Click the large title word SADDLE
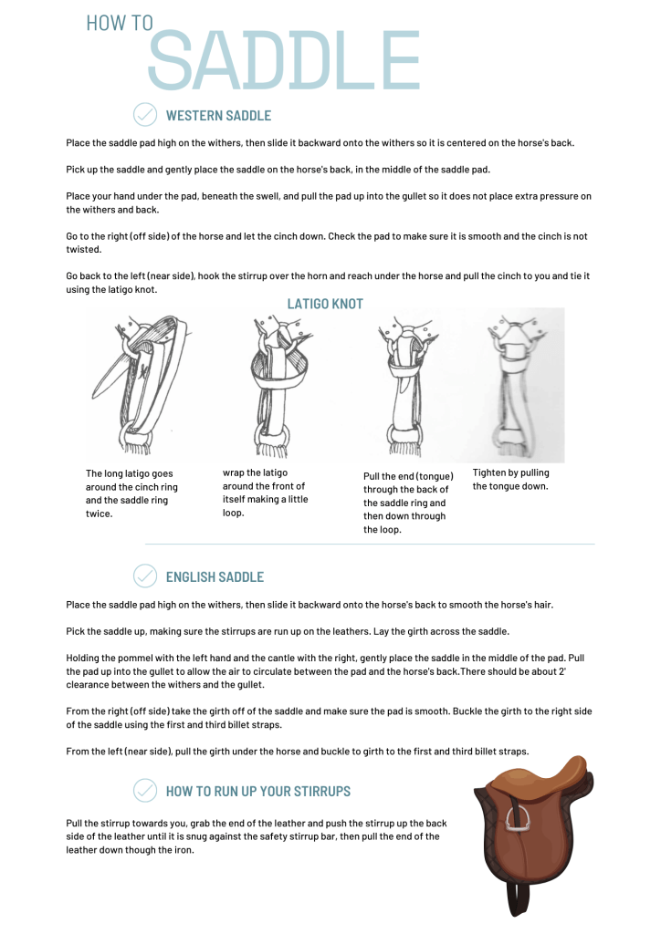pyautogui.click(x=283, y=61)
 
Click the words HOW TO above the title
pyautogui.click(x=120, y=23)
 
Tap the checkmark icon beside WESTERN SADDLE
pyautogui.click(x=145, y=115)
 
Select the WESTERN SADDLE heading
pyautogui.click(x=218, y=116)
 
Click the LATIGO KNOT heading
pyautogui.click(x=325, y=304)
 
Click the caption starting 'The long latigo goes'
pyautogui.click(x=131, y=493)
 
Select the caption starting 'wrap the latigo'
pyautogui.click(x=266, y=493)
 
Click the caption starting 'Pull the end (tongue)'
pyautogui.click(x=408, y=503)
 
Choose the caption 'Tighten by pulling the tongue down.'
pyautogui.click(x=511, y=480)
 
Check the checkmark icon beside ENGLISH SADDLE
pyautogui.click(x=145, y=576)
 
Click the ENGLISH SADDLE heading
pyautogui.click(x=215, y=577)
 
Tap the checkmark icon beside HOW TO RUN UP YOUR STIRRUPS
pyautogui.click(x=145, y=791)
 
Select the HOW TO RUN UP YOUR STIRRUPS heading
pyautogui.click(x=258, y=792)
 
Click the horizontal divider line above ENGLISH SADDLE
pyautogui.click(x=370, y=545)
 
